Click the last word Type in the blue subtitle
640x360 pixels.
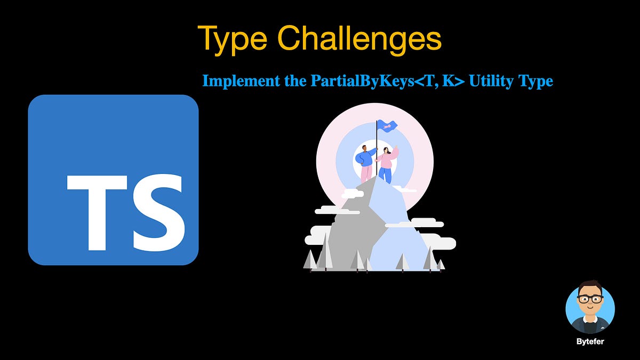535,82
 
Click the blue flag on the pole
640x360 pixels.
388,126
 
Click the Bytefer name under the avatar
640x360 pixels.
590,341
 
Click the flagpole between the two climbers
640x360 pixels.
377,155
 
